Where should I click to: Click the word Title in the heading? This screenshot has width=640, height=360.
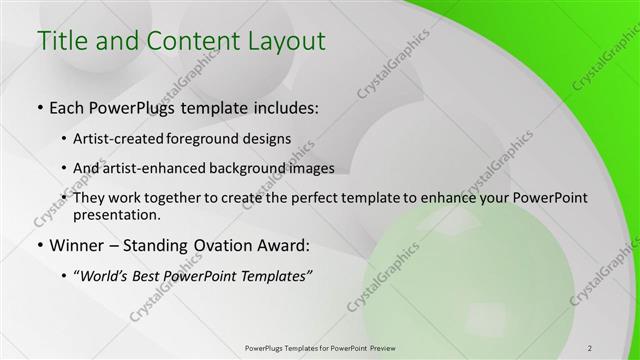point(61,42)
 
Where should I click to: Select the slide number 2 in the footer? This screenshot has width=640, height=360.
point(590,347)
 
